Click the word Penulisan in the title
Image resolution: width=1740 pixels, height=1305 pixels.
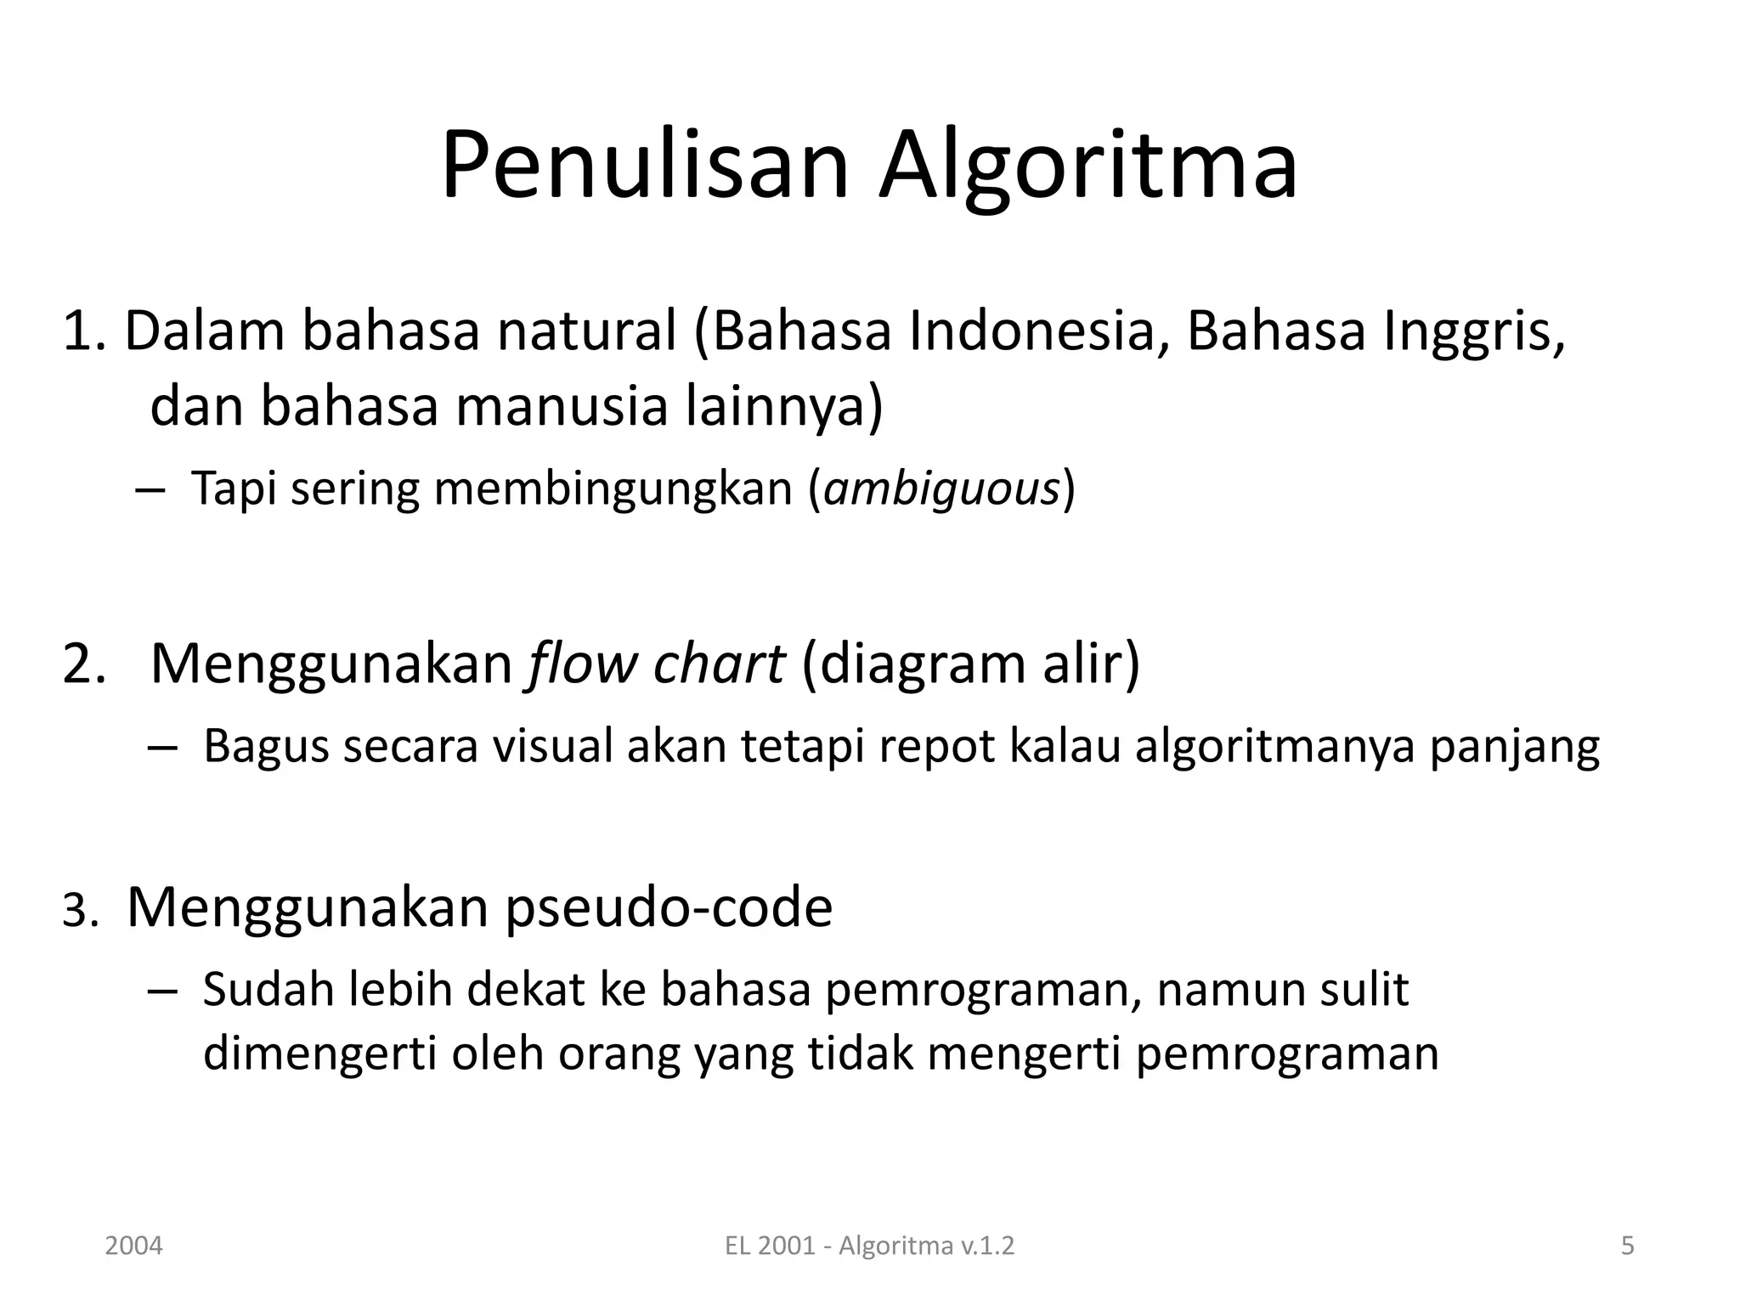coord(645,166)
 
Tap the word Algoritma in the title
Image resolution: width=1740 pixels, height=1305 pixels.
coord(1088,166)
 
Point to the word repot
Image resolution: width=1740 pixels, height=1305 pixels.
coord(937,747)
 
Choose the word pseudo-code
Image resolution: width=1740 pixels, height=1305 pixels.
coord(669,907)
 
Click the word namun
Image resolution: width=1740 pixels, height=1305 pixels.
coord(1220,991)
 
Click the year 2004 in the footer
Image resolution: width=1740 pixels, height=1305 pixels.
coord(133,1246)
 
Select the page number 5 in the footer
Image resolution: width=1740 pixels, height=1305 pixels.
coord(1627,1246)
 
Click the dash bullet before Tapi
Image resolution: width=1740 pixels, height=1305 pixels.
coord(150,492)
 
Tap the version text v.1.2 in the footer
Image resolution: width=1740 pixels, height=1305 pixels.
coord(988,1246)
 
